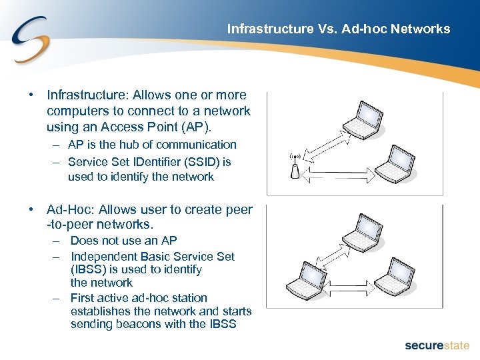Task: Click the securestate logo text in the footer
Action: (437, 345)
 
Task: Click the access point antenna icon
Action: (295, 167)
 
